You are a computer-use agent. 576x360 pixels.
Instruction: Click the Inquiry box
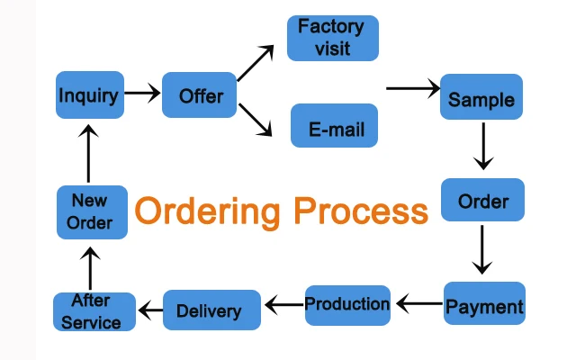pos(88,94)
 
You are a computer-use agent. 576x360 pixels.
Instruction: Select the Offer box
pos(199,95)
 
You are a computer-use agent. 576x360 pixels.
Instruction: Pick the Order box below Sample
pos(483,201)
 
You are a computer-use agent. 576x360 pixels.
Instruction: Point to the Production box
pos(347,304)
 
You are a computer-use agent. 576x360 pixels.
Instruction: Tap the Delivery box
pos(210,310)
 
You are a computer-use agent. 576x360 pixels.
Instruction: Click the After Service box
pos(94,311)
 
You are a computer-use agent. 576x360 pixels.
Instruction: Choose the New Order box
pos(91,212)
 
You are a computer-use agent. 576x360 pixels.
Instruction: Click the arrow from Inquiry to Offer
pos(141,93)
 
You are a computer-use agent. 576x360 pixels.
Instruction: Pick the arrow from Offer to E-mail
pos(255,121)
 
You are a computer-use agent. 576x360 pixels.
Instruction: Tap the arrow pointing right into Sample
pos(412,88)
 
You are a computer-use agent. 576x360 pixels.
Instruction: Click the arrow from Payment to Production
pos(418,305)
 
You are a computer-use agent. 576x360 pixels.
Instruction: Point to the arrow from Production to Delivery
pos(283,306)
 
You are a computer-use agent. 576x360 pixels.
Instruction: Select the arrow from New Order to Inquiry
pos(88,155)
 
